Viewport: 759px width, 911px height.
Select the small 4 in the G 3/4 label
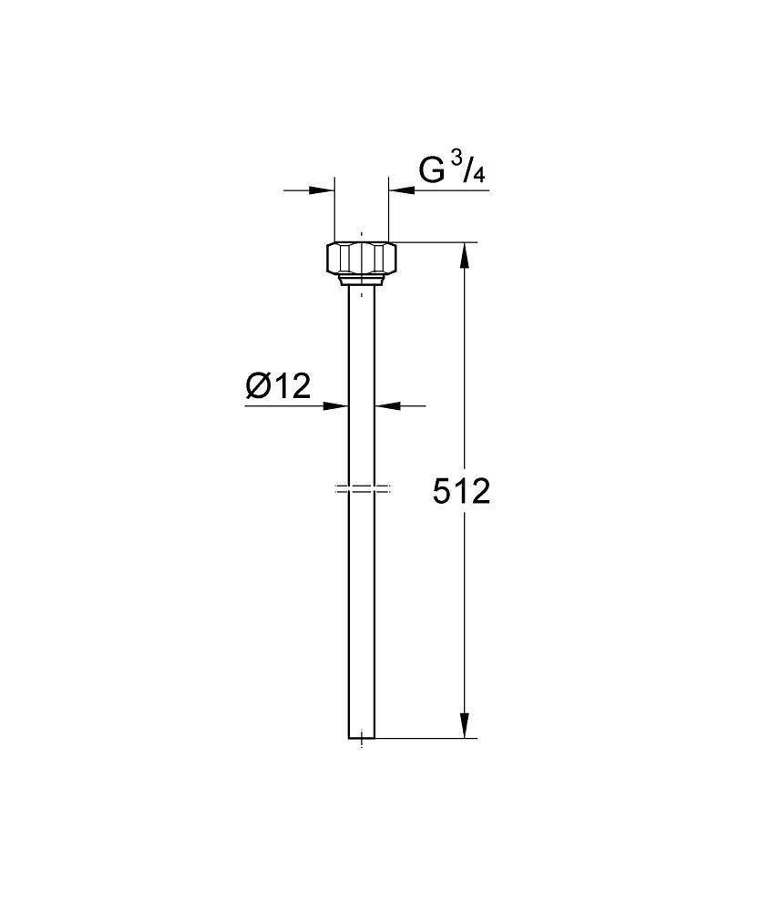click(x=479, y=176)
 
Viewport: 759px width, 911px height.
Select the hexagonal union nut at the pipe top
click(x=362, y=258)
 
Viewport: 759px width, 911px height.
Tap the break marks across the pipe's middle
click(x=362, y=489)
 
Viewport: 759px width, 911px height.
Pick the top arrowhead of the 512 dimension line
click(x=465, y=255)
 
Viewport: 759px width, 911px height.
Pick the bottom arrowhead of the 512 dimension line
click(x=465, y=725)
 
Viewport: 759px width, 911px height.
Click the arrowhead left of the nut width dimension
click(x=323, y=190)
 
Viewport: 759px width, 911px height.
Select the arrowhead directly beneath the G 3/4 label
click(x=402, y=190)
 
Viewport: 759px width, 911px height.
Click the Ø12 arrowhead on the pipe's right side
click(x=386, y=405)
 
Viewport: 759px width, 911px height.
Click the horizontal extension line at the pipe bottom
click(x=424, y=738)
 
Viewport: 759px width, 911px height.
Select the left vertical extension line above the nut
click(x=334, y=210)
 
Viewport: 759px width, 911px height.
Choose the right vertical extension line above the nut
click(x=389, y=210)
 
